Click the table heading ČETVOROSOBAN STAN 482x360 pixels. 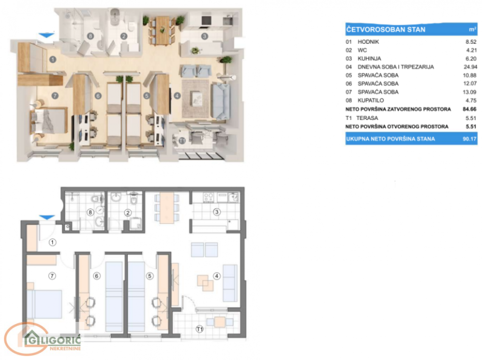(x=386, y=29)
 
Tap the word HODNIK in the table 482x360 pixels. (x=369, y=42)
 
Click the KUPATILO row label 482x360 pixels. (x=372, y=101)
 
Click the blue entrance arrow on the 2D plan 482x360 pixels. (x=46, y=218)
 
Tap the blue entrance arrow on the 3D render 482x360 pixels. (x=44, y=34)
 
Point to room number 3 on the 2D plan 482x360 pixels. (x=217, y=212)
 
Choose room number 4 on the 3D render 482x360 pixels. (x=177, y=96)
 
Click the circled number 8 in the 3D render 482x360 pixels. (x=90, y=36)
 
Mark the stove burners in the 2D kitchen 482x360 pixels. (x=208, y=197)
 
